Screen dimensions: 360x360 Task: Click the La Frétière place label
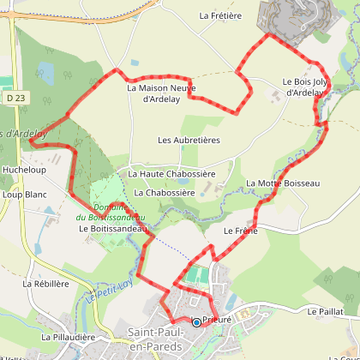pos(222,15)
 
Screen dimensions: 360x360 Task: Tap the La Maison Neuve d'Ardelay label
pos(161,93)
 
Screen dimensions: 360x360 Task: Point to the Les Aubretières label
pos(189,139)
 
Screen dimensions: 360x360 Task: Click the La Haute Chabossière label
pos(171,174)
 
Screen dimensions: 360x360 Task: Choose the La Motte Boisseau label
pos(283,183)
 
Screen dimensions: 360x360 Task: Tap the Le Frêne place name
pos(241,231)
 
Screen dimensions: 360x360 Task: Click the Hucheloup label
pos(22,170)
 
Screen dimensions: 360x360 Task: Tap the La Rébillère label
pos(45,283)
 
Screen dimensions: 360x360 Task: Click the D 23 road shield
pos(11,99)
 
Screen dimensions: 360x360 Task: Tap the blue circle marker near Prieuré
pos(196,322)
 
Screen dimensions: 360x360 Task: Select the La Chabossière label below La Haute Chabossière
pos(165,193)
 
